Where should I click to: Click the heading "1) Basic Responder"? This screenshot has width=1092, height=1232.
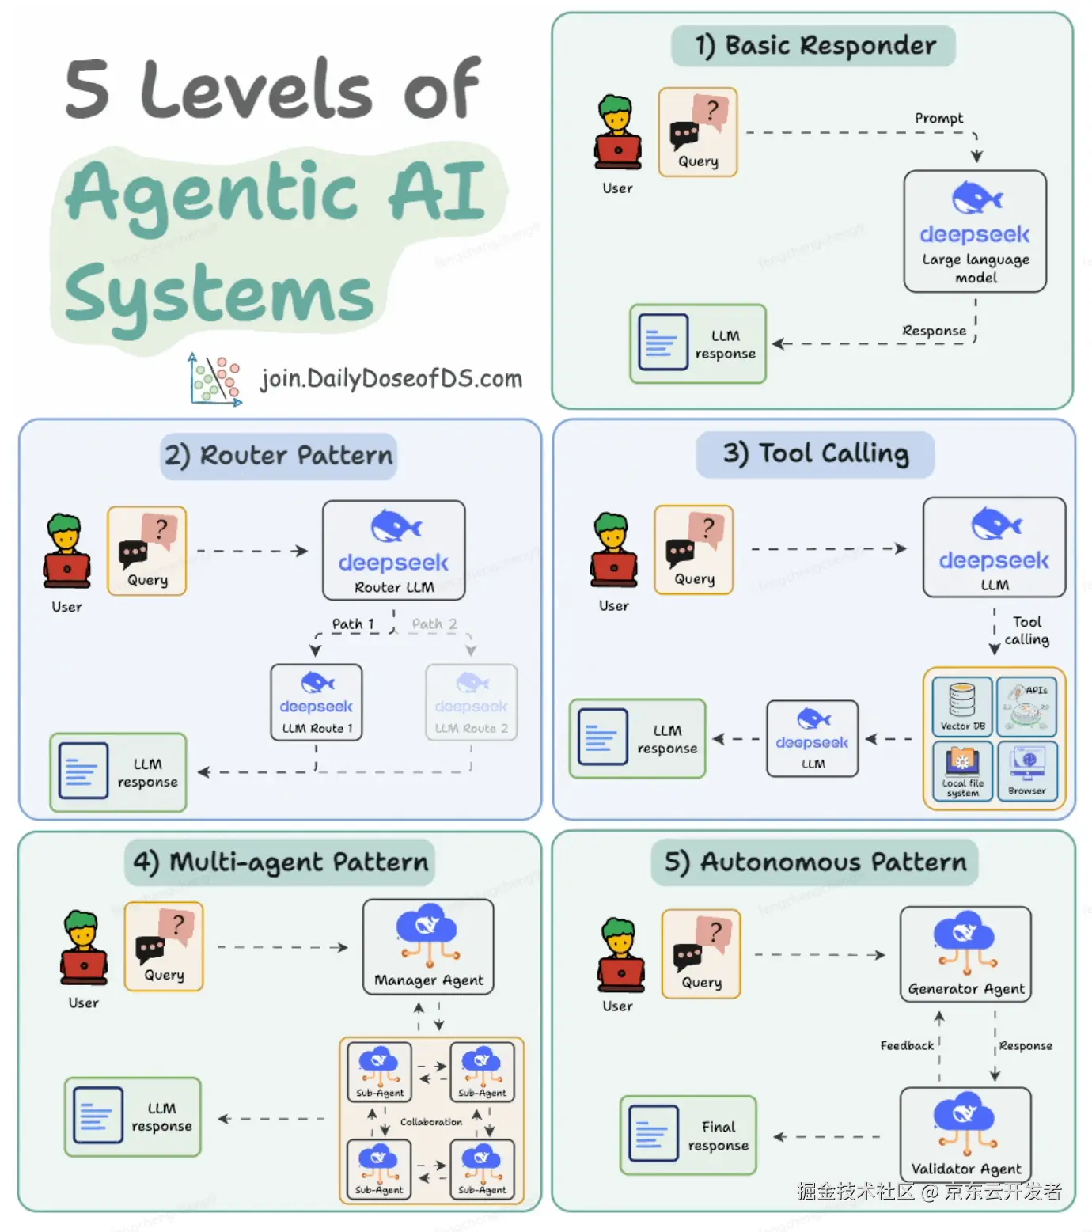[813, 47]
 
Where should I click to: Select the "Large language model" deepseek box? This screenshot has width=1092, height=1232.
[975, 232]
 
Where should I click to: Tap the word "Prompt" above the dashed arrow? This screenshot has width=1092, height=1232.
[938, 119]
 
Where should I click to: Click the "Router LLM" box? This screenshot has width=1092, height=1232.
[393, 551]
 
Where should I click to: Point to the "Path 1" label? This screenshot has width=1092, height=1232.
[353, 624]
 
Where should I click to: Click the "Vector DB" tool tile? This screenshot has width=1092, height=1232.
[962, 706]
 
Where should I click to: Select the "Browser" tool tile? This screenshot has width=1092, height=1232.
[1027, 771]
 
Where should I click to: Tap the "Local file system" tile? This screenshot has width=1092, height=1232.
[962, 771]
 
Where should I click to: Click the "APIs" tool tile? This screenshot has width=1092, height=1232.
[1027, 706]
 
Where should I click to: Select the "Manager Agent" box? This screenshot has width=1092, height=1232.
[428, 946]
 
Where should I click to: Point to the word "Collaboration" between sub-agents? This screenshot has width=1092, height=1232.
[431, 1122]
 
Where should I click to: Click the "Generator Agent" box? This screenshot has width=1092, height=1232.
[965, 954]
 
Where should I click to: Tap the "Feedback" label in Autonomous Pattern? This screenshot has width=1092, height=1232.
[907, 1046]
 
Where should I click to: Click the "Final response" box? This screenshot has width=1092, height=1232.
[688, 1135]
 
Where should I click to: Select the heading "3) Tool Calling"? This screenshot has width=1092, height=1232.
[815, 454]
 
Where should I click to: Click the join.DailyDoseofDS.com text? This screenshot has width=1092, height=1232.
[391, 379]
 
